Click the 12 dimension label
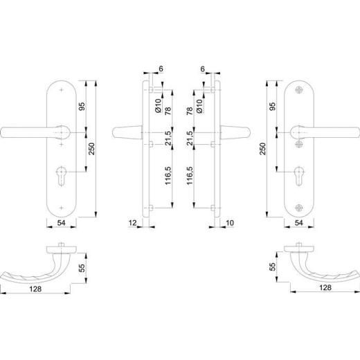pyautogui.click(x=132, y=223)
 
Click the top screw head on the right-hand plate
pyautogui.click(x=299, y=90)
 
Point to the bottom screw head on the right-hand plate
pyautogui.click(x=299, y=208)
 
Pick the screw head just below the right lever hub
pyautogui.click(x=299, y=144)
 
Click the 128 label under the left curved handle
pyautogui.click(x=35, y=289)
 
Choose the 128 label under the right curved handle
pyautogui.click(x=325, y=287)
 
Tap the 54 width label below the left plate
pyautogui.click(x=61, y=223)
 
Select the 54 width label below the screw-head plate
pyautogui.click(x=299, y=223)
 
